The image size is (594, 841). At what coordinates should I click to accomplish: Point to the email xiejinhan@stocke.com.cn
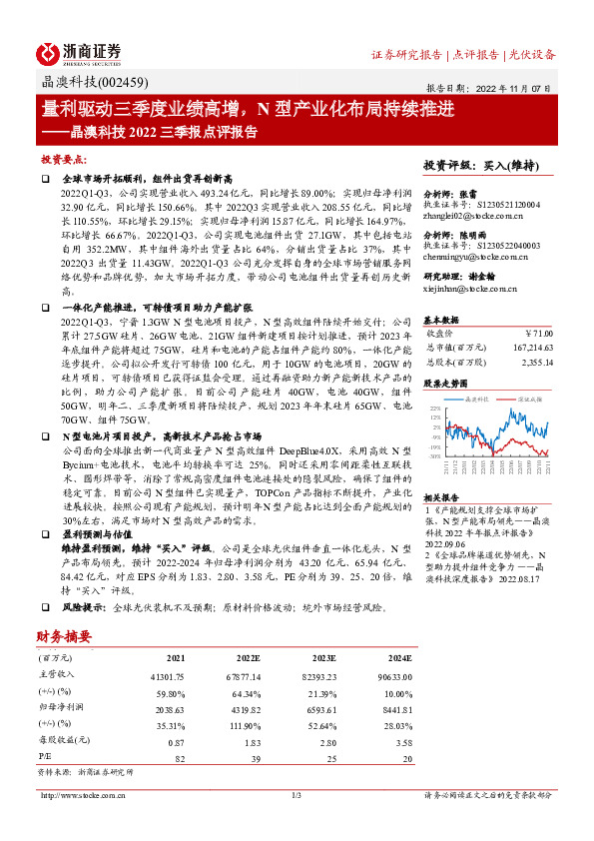[x=469, y=288]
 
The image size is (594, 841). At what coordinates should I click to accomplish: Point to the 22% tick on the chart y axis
[x=435, y=409]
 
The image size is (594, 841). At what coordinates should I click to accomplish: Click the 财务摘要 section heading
[x=65, y=634]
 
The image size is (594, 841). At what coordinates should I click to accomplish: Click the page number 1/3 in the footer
[x=297, y=794]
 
